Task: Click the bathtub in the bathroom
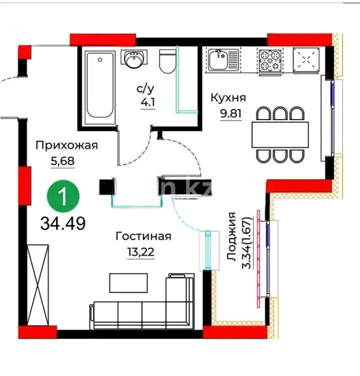[100, 85]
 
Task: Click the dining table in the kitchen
[280, 134]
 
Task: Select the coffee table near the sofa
[128, 283]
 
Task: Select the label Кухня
[227, 97]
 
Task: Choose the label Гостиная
[143, 236]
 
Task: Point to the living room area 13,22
[140, 251]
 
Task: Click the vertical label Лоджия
[231, 235]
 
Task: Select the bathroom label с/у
[145, 90]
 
